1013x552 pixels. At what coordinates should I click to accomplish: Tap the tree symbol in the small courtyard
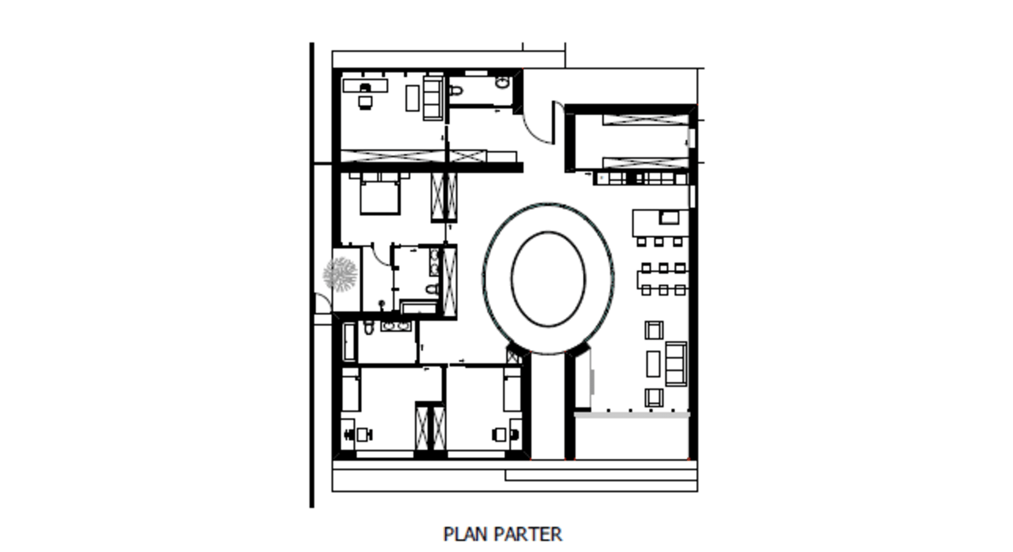pyautogui.click(x=340, y=274)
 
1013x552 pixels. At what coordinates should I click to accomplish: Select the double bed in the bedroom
pyautogui.click(x=379, y=193)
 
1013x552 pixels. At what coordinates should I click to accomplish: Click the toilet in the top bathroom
pyautogui.click(x=455, y=91)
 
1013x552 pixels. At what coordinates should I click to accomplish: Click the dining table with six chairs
pyautogui.click(x=663, y=279)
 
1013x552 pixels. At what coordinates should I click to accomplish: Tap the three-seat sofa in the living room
pyautogui.click(x=676, y=364)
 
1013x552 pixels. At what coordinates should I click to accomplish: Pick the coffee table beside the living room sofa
pyautogui.click(x=653, y=364)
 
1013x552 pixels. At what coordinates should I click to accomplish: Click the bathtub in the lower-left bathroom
pyautogui.click(x=349, y=341)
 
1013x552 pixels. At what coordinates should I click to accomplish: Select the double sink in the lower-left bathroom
pyautogui.click(x=397, y=326)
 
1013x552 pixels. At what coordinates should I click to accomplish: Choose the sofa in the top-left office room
pyautogui.click(x=433, y=98)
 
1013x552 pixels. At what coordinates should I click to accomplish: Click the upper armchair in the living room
pyautogui.click(x=653, y=330)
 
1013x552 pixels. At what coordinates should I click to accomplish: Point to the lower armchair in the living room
pyautogui.click(x=653, y=398)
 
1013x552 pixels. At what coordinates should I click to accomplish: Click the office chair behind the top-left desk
pyautogui.click(x=364, y=103)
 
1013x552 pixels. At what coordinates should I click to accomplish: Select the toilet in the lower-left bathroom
pyautogui.click(x=368, y=328)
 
